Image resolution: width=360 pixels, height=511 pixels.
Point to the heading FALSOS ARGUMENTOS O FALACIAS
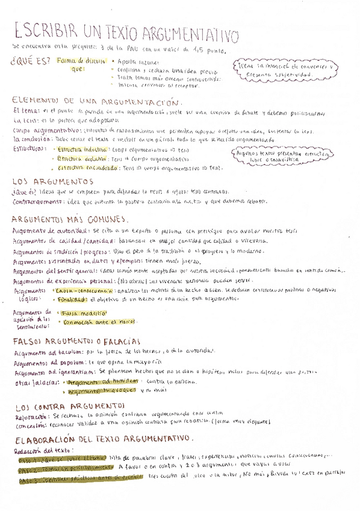coord(75,341)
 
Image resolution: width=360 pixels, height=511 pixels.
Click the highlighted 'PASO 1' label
coord(28,459)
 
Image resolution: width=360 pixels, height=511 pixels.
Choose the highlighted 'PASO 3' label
coord(29,481)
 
